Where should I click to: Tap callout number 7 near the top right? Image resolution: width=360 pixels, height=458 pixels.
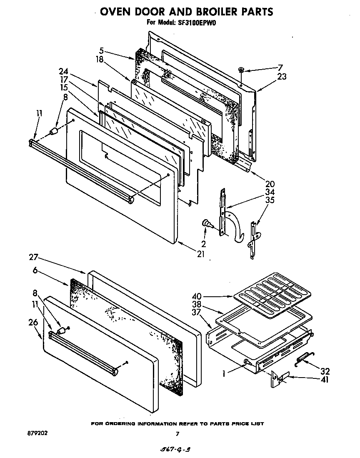pos(280,68)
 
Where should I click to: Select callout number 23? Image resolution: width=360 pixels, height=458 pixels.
pos(282,76)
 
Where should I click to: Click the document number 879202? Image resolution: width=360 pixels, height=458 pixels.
pos(37,433)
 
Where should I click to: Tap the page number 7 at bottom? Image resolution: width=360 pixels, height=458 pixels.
pos(177,434)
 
